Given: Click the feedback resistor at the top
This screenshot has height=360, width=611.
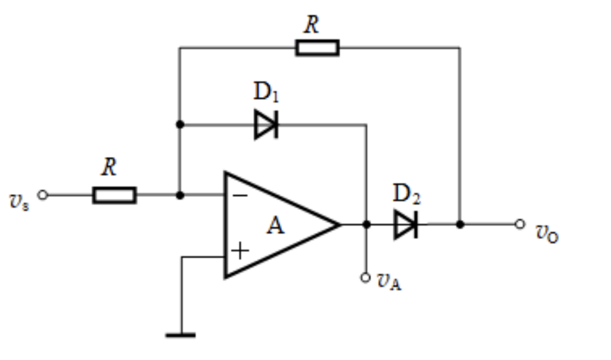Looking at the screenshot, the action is [317, 48].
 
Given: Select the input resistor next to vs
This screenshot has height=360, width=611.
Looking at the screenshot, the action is [115, 195].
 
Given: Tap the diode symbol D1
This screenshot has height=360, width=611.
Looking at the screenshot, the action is [266, 125].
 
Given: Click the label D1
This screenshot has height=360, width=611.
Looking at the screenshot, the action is [266, 92].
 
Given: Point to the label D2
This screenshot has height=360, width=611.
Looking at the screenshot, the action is [406, 194].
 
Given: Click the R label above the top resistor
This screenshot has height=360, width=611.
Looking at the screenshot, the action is [311, 24].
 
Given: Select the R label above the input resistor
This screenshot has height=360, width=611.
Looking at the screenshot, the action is [109, 167].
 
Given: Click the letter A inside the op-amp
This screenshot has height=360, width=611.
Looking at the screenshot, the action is [276, 225].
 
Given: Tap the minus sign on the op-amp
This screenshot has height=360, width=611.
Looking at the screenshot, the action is [240, 195].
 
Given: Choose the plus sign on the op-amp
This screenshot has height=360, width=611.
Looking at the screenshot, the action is [240, 251].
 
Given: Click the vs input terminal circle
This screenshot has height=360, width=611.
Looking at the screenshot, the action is [43, 195].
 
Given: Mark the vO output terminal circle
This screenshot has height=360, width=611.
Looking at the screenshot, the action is [520, 224].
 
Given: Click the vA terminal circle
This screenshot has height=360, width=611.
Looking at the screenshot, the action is [365, 277].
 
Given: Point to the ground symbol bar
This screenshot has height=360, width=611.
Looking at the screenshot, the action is [181, 335].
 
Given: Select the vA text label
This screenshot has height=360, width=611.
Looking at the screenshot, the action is [389, 282].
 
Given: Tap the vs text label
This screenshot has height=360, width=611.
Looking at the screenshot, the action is [19, 202].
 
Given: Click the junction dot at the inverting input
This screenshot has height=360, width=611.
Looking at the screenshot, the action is [180, 195].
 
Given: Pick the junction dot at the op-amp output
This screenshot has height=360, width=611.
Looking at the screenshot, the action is [366, 225].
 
